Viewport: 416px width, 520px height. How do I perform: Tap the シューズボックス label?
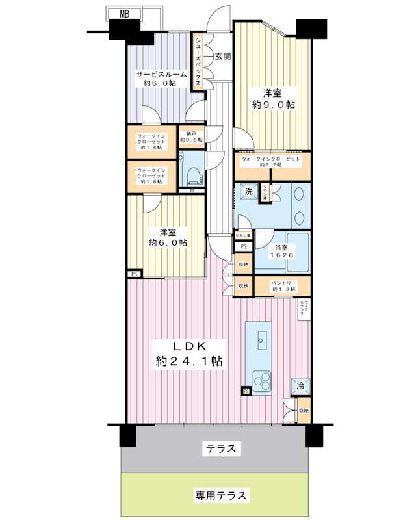pyautogui.click(x=198, y=61)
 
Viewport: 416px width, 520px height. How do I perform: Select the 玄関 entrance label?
pyautogui.click(x=222, y=57)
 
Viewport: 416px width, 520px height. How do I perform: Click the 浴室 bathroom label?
pyautogui.click(x=283, y=246)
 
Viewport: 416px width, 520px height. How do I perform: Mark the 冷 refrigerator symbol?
pyautogui.click(x=300, y=386)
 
